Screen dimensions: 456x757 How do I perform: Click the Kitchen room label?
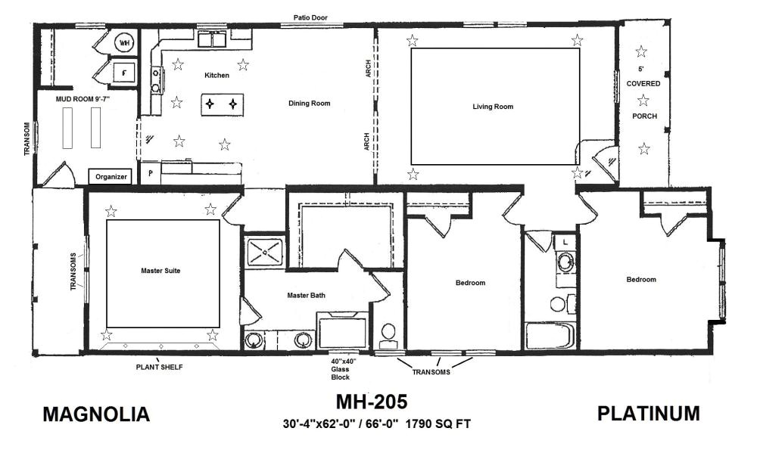coord(217,76)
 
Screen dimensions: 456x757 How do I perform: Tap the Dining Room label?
coord(309,104)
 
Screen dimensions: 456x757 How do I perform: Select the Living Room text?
coord(493,107)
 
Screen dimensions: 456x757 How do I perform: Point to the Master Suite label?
coord(160,270)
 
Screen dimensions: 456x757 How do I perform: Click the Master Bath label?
coord(307,295)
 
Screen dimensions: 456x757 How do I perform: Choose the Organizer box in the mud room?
coord(112,177)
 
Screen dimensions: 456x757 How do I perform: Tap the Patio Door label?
coord(311,17)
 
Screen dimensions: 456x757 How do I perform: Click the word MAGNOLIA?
coord(96,415)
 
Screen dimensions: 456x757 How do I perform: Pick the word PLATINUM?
coord(648,414)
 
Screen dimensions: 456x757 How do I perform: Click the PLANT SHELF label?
coord(159,368)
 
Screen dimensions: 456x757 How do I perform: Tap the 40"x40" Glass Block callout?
coord(343,368)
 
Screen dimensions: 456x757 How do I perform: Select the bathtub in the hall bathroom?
coord(550,336)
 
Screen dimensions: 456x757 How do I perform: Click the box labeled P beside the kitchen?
coord(149,172)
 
